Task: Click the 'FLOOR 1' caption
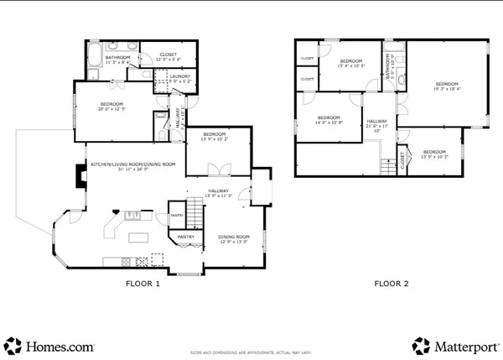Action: click(x=143, y=284)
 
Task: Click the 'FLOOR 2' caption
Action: click(x=392, y=284)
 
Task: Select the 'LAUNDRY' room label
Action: click(x=180, y=77)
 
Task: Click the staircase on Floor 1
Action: click(x=194, y=213)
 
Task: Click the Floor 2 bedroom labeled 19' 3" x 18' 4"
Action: click(x=447, y=86)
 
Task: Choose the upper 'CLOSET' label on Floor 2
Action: click(x=307, y=58)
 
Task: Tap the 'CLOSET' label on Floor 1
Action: click(x=169, y=55)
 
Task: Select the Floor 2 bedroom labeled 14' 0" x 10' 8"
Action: click(x=329, y=119)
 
